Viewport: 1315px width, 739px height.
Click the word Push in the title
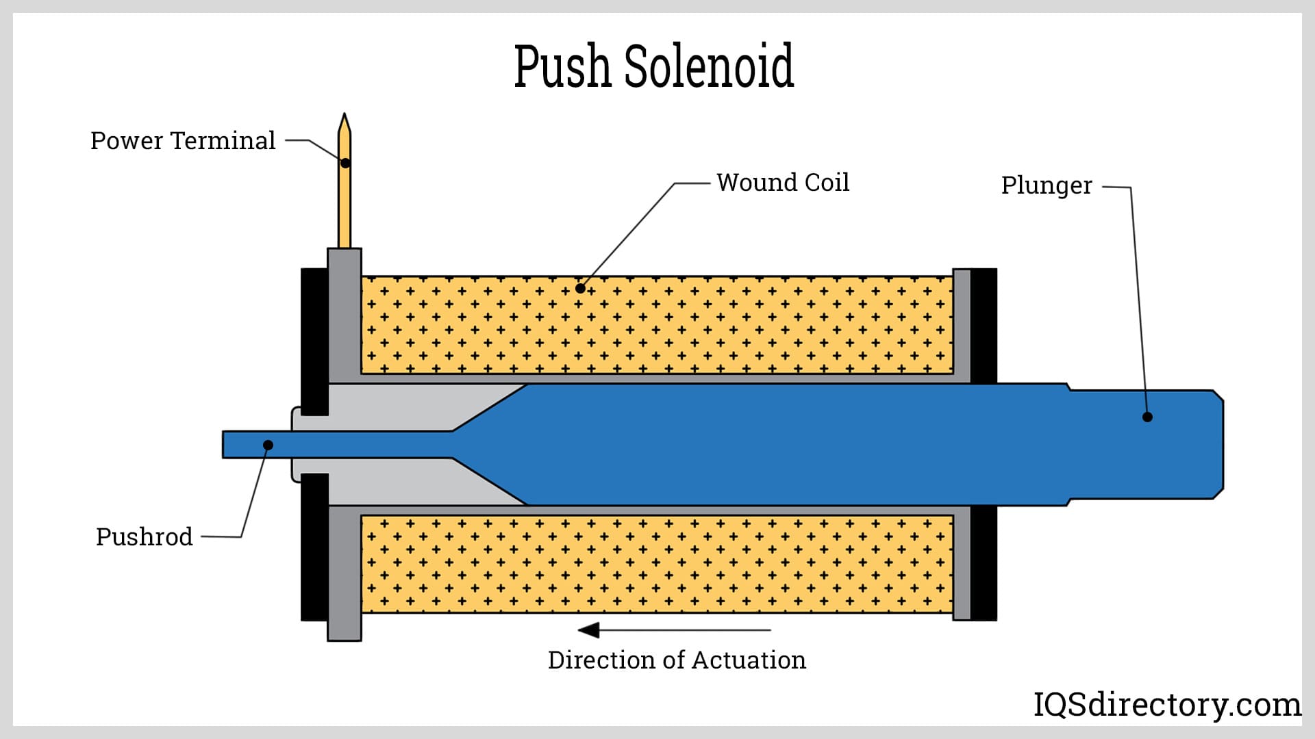562,66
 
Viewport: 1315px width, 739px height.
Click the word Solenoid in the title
709,66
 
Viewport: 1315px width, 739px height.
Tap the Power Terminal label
183,141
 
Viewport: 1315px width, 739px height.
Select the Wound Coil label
783,183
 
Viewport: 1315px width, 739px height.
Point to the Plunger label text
1047,185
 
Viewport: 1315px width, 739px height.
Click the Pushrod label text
145,537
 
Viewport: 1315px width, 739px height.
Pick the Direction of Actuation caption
677,660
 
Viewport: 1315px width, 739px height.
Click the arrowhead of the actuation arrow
588,630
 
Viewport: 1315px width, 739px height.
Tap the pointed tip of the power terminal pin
345,118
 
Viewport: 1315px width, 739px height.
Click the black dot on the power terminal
345,163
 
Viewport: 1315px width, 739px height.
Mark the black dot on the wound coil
580,288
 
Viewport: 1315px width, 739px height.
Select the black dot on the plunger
1147,417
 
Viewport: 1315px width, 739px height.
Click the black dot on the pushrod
268,445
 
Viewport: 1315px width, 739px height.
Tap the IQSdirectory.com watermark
1166,704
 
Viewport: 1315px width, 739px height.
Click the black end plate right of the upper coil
984,325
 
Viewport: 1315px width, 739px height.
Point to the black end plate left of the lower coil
314,547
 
